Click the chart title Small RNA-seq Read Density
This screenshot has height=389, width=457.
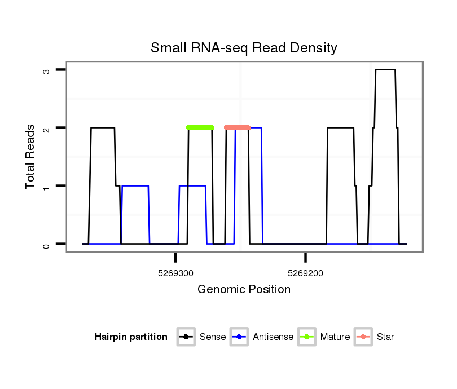[244, 48]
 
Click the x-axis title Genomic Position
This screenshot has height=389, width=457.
[244, 290]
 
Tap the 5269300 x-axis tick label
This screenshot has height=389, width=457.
[175, 273]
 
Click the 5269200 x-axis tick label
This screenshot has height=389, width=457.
[305, 273]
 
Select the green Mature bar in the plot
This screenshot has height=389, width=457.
[200, 127]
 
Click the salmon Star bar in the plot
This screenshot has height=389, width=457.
[237, 127]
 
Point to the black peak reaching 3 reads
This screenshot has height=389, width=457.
[385, 70]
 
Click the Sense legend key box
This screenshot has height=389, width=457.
[186, 337]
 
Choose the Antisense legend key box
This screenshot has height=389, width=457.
[240, 337]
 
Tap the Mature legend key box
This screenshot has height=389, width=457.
[307, 337]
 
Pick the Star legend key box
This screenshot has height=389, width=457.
[363, 337]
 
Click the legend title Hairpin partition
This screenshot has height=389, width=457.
[131, 337]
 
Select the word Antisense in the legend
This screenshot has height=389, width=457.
[273, 337]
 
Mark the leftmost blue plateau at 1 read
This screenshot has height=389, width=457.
[135, 185]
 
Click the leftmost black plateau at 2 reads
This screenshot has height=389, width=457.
[103, 128]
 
